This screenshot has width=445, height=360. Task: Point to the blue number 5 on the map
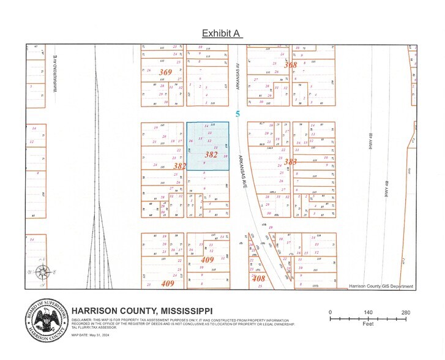click(x=237, y=114)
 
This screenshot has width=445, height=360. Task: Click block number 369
click(x=165, y=72)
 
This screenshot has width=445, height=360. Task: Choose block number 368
click(x=290, y=65)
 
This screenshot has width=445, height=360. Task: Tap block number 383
click(x=290, y=162)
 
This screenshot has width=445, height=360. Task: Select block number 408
click(x=259, y=279)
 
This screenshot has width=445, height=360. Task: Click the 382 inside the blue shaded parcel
click(x=211, y=155)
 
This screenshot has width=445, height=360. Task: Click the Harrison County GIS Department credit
click(x=381, y=286)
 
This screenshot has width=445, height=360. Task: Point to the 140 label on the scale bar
click(x=368, y=313)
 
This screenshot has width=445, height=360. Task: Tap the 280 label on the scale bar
click(x=405, y=313)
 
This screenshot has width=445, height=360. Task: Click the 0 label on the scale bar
click(x=331, y=313)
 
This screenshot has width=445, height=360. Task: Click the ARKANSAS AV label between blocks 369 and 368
click(x=237, y=77)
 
